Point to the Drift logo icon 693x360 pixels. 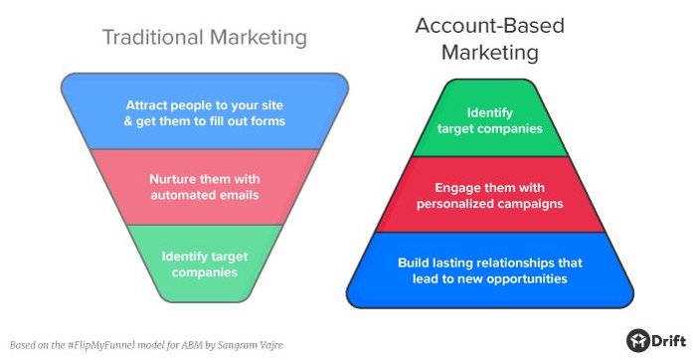tap(638, 339)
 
